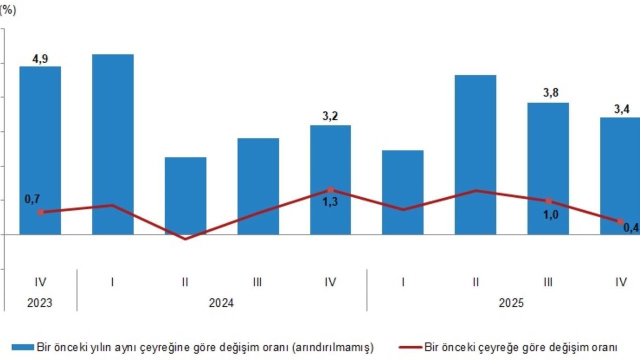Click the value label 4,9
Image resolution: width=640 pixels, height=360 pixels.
pyautogui.click(x=40, y=59)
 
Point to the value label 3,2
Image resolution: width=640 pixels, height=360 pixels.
pyautogui.click(x=330, y=117)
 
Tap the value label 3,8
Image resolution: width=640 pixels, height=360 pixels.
pyautogui.click(x=548, y=94)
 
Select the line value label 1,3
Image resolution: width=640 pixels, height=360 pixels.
pyautogui.click(x=330, y=202)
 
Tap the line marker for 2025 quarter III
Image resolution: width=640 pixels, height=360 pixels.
pyautogui.click(x=548, y=201)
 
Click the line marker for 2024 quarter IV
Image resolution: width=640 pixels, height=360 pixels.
pyautogui.click(x=330, y=190)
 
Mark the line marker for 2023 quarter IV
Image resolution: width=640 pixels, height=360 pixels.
pyautogui.click(x=40, y=212)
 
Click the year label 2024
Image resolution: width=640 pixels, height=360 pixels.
pyautogui.click(x=221, y=303)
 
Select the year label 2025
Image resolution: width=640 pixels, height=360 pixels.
pyautogui.click(x=511, y=303)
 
